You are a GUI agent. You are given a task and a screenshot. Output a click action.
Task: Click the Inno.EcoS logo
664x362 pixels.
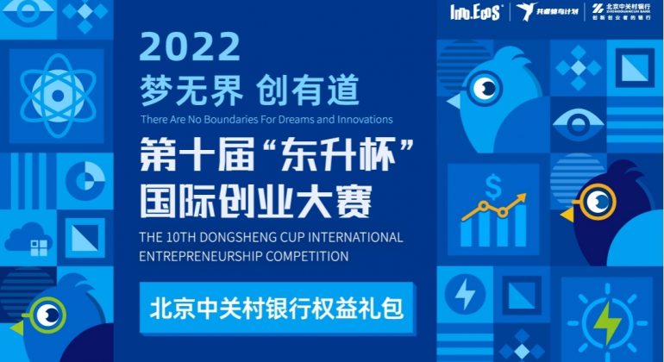point(474,12)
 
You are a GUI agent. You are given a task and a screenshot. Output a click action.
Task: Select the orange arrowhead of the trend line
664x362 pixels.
point(522,200)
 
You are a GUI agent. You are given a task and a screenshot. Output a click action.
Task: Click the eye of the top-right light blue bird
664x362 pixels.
point(487,88)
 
